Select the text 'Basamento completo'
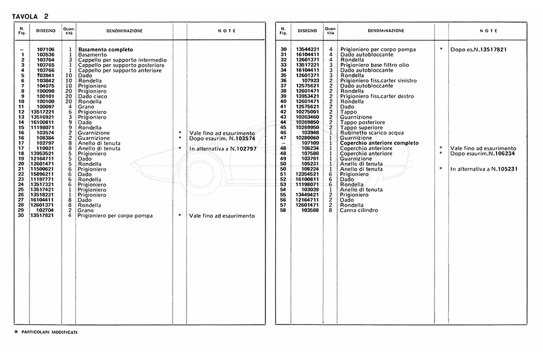(x=105, y=49)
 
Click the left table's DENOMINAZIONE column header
(x=124, y=30)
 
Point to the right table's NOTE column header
(x=488, y=30)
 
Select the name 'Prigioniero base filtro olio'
(x=374, y=65)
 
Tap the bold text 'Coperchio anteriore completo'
(x=378, y=143)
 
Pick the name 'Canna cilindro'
(x=359, y=210)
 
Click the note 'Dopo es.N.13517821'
(x=477, y=49)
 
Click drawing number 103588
(x=310, y=210)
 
